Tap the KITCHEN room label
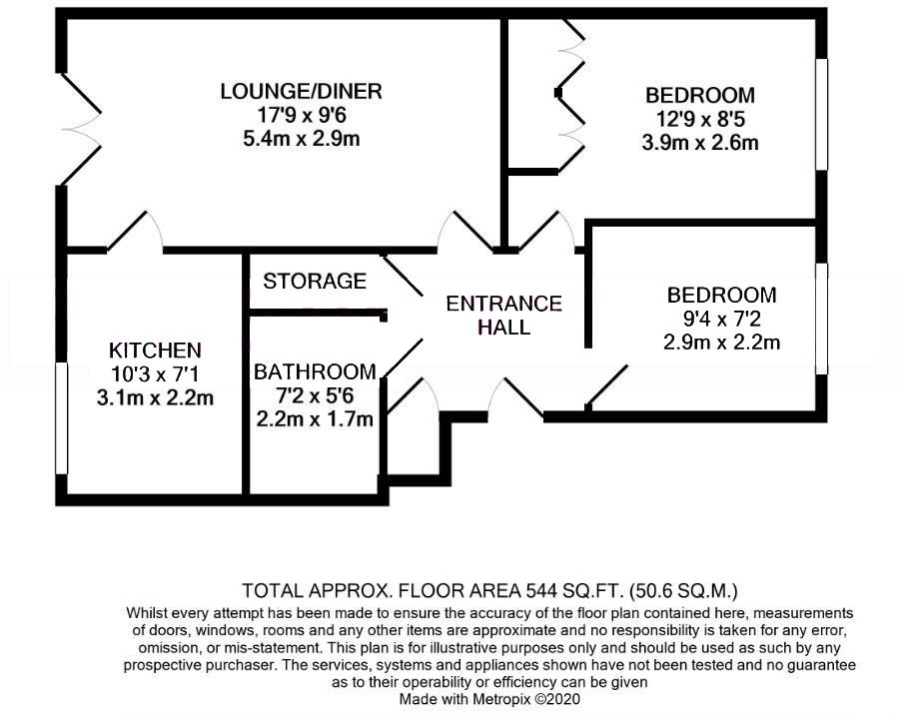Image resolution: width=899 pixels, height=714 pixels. [x=155, y=351]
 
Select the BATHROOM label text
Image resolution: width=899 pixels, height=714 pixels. [x=315, y=372]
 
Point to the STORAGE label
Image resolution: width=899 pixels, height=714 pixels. [x=315, y=282]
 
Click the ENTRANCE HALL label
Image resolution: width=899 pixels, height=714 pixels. [x=503, y=315]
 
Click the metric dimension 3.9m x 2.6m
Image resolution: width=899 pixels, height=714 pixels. [x=699, y=143]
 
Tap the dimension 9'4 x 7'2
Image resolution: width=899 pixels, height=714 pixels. [x=721, y=320]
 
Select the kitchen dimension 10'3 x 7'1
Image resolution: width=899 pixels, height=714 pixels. [x=155, y=374]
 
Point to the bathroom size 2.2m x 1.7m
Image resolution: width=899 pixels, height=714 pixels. [x=315, y=419]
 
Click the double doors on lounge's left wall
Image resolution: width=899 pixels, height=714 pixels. [x=80, y=127]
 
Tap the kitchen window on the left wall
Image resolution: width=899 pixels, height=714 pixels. [x=62, y=417]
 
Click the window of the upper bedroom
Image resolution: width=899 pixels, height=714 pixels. [x=821, y=114]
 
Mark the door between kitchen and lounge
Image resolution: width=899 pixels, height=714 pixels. [x=136, y=232]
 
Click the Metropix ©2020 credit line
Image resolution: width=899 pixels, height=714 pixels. [x=489, y=700]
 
